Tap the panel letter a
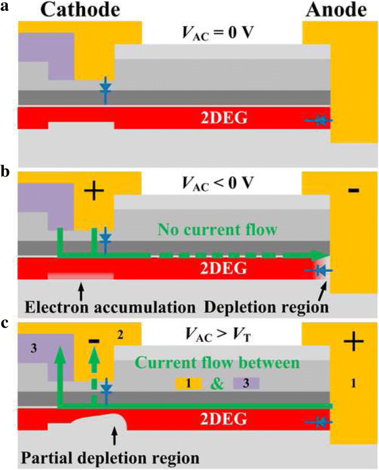pos(5,8)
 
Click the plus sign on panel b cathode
pos(94,191)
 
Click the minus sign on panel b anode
pos(354,191)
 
